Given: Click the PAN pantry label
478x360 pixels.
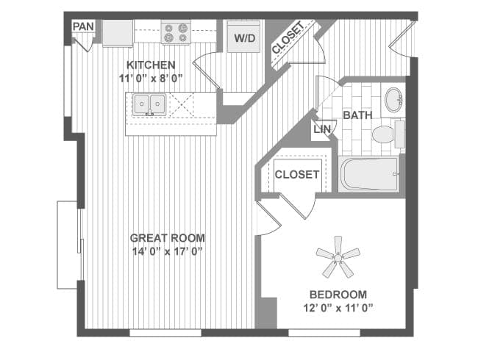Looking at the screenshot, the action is pyautogui.click(x=83, y=26).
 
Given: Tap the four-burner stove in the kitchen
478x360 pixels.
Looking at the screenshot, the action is pyautogui.click(x=176, y=32).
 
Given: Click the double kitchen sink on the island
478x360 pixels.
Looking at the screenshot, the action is pyautogui.click(x=149, y=104).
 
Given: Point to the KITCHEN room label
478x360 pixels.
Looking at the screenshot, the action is pyautogui.click(x=151, y=65).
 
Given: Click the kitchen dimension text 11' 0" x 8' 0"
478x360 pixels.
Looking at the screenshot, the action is pyautogui.click(x=151, y=79).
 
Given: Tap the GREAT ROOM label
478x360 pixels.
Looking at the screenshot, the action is pyautogui.click(x=168, y=238).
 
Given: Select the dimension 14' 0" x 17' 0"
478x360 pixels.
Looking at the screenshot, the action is pyautogui.click(x=168, y=251).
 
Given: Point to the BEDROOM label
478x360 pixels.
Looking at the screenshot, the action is pyautogui.click(x=338, y=295).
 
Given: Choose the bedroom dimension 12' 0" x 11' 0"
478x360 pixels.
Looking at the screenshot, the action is pyautogui.click(x=338, y=309).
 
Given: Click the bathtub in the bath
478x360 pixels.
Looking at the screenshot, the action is pyautogui.click(x=369, y=174).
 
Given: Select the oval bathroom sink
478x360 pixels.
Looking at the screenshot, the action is pyautogui.click(x=393, y=100).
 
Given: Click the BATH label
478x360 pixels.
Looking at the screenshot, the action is pyautogui.click(x=357, y=115).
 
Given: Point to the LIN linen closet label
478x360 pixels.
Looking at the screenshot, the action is pyautogui.click(x=322, y=129).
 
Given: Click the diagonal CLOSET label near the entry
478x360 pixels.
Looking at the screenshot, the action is pyautogui.click(x=288, y=37).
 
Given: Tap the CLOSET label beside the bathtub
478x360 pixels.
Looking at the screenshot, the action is pyautogui.click(x=297, y=175).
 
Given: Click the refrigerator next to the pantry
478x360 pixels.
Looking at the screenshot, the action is pyautogui.click(x=118, y=33).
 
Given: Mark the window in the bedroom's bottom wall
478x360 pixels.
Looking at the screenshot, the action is pyautogui.click(x=324, y=333).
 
